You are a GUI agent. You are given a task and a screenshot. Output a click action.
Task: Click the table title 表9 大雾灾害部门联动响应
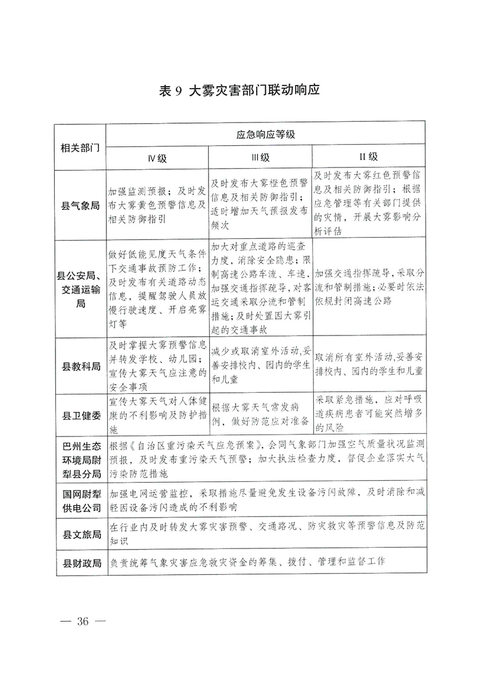pos(240,90)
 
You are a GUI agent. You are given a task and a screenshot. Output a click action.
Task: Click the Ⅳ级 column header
pos(157,158)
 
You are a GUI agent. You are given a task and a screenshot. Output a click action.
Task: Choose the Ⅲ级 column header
pos(260,158)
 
